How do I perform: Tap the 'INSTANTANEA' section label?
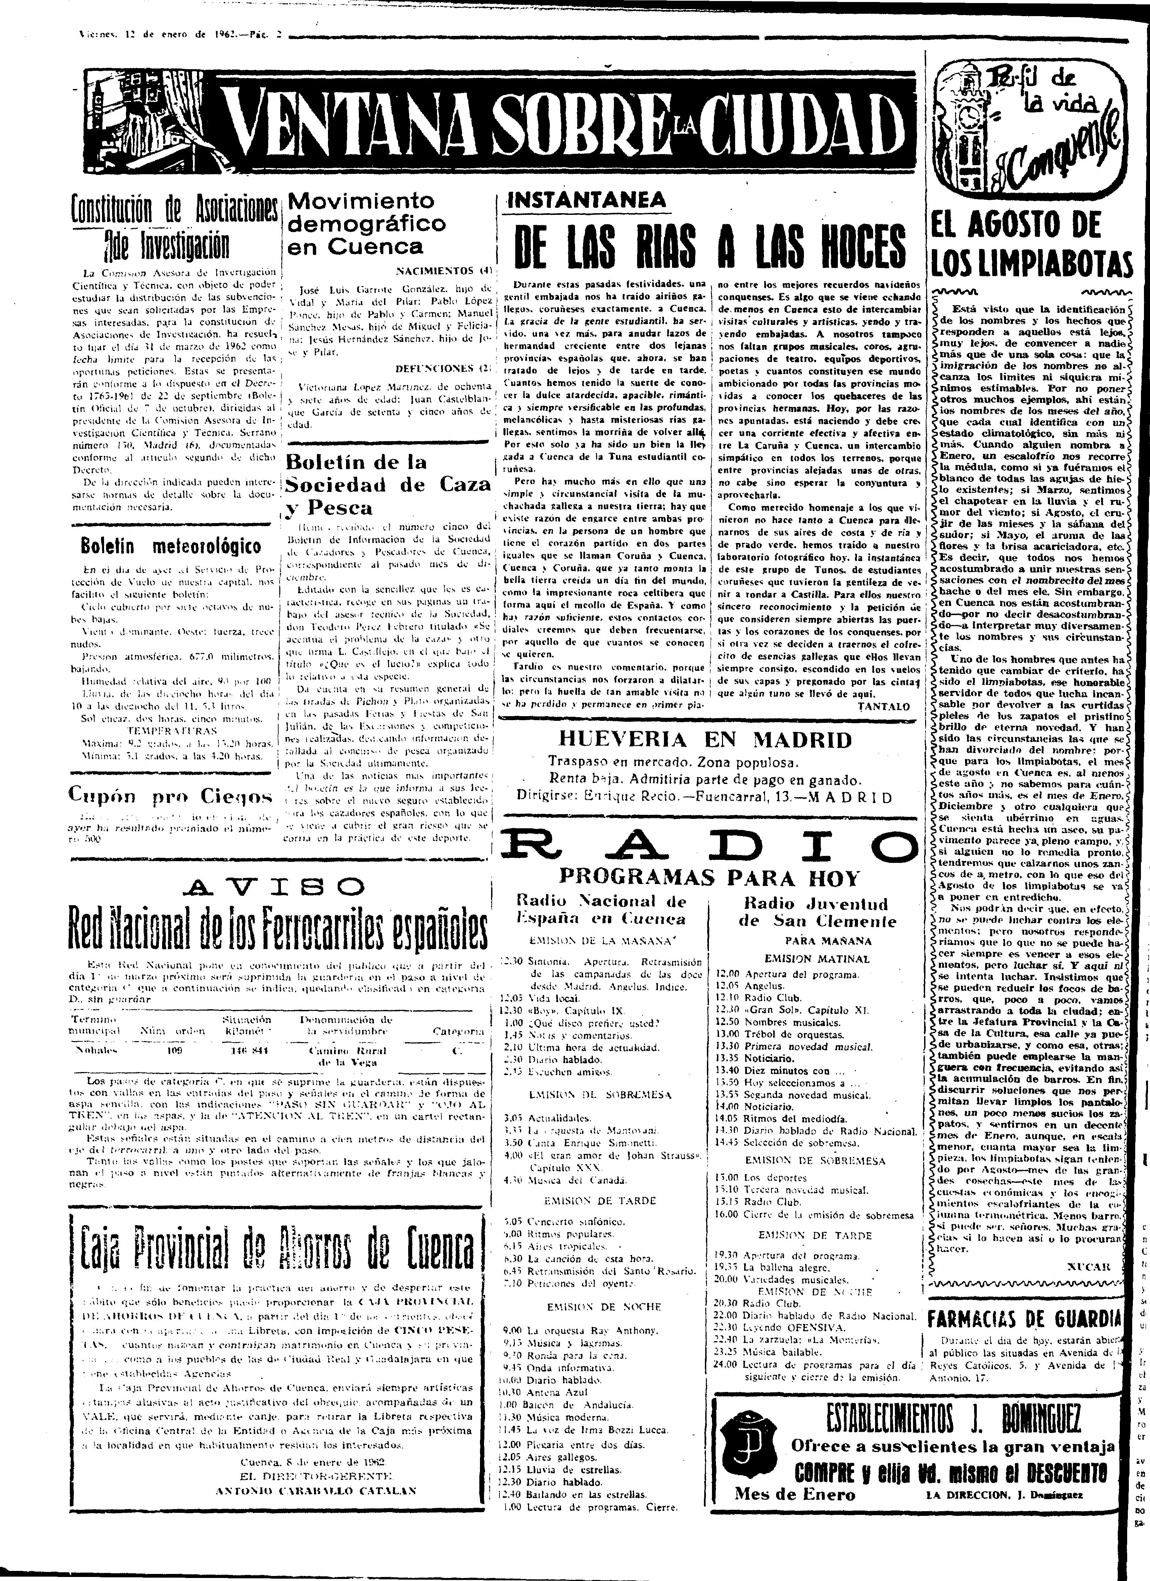click(x=590, y=200)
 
